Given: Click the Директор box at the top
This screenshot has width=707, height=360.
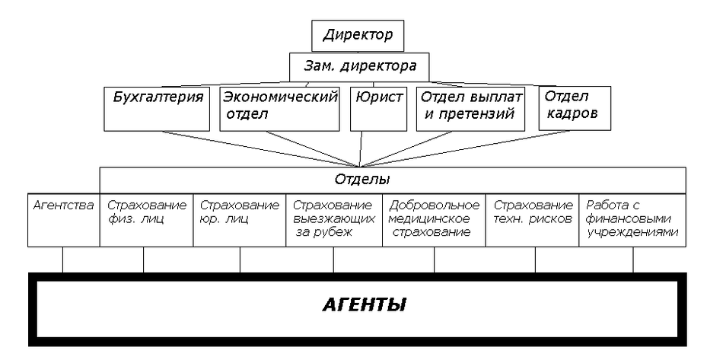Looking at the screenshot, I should click(x=357, y=35).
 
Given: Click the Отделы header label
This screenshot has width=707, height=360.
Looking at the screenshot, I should click(x=362, y=180).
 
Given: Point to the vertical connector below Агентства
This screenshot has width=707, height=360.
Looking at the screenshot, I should click(x=62, y=260).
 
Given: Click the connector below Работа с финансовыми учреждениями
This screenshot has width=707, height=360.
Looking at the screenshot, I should click(x=633, y=260).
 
